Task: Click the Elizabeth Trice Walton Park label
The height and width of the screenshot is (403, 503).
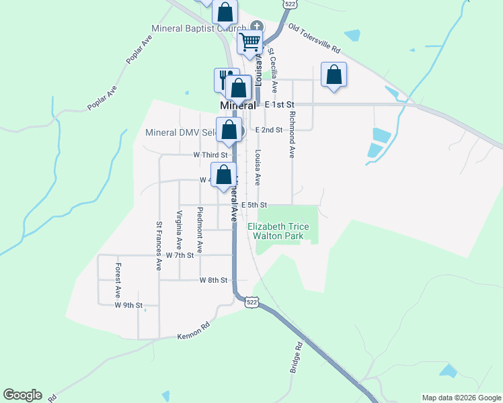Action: (x=278, y=231)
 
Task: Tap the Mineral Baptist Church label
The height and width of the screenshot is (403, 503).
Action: (x=198, y=28)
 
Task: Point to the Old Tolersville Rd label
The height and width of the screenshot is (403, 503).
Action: (x=315, y=40)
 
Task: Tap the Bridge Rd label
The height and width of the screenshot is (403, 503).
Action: (x=297, y=357)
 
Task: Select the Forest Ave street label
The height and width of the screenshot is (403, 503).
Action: (x=118, y=280)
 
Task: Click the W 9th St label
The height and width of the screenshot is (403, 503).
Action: (x=128, y=305)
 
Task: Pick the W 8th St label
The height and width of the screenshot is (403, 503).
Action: (x=213, y=280)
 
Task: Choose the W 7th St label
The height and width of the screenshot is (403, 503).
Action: (x=180, y=255)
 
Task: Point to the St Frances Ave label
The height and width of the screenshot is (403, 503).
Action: (x=159, y=246)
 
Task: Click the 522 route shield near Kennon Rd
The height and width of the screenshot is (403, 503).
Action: (x=251, y=303)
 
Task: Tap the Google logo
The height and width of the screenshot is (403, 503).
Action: (x=22, y=395)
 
